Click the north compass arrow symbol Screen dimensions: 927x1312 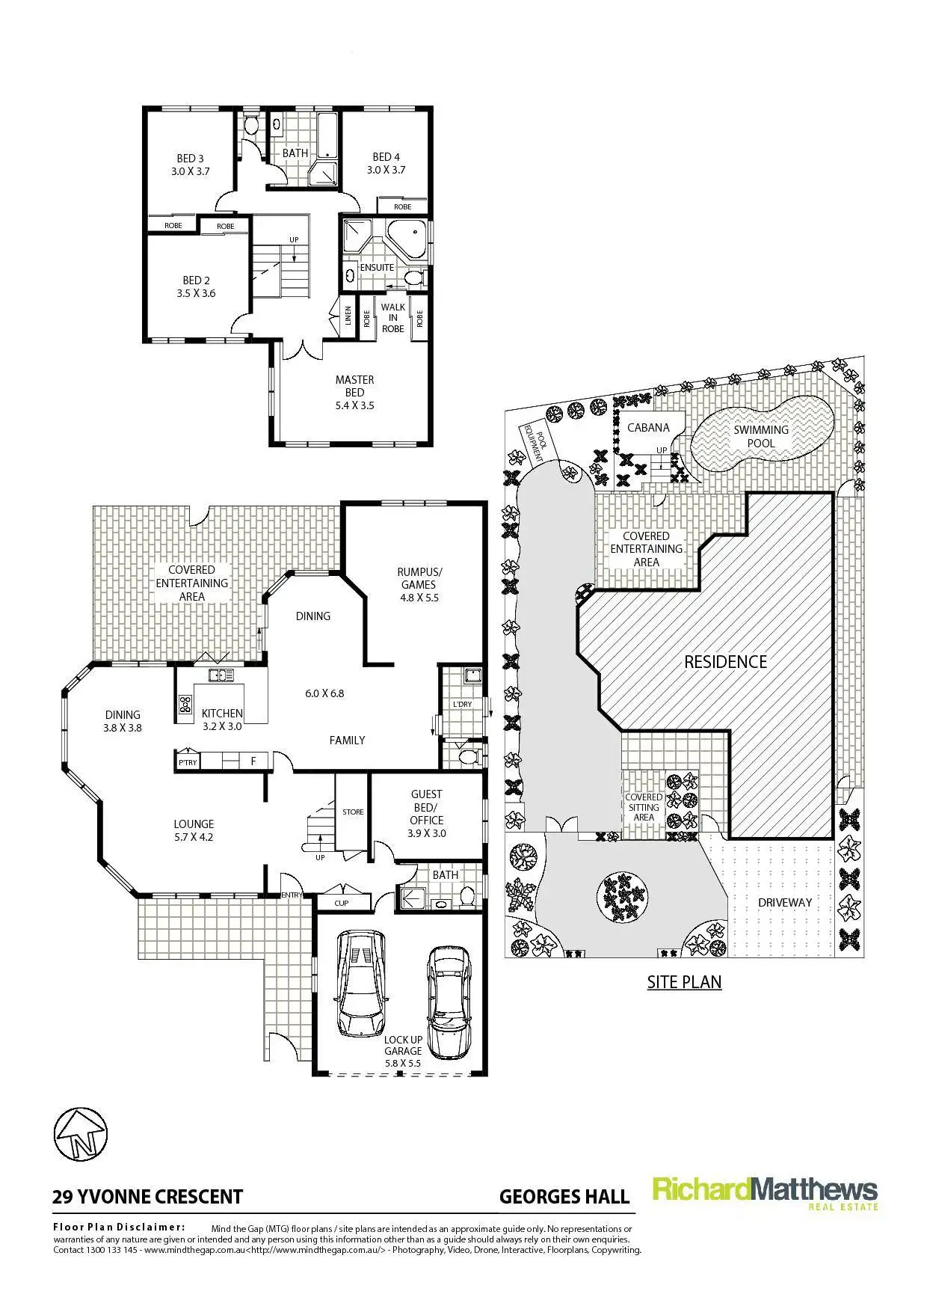(81, 1134)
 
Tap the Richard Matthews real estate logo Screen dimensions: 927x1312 (765, 1193)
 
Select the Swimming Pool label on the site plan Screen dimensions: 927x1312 (761, 436)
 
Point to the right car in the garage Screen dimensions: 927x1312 (449, 1003)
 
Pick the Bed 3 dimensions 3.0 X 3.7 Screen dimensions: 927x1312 (190, 171)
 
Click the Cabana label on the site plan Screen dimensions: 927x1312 (648, 428)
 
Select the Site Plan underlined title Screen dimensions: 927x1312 (684, 981)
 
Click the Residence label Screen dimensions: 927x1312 (726, 662)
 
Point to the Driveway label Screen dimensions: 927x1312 (785, 903)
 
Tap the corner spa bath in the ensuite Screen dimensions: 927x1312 (408, 241)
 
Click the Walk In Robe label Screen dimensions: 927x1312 (393, 318)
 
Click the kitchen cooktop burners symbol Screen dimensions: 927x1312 (185, 704)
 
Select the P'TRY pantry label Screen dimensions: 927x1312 (187, 762)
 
